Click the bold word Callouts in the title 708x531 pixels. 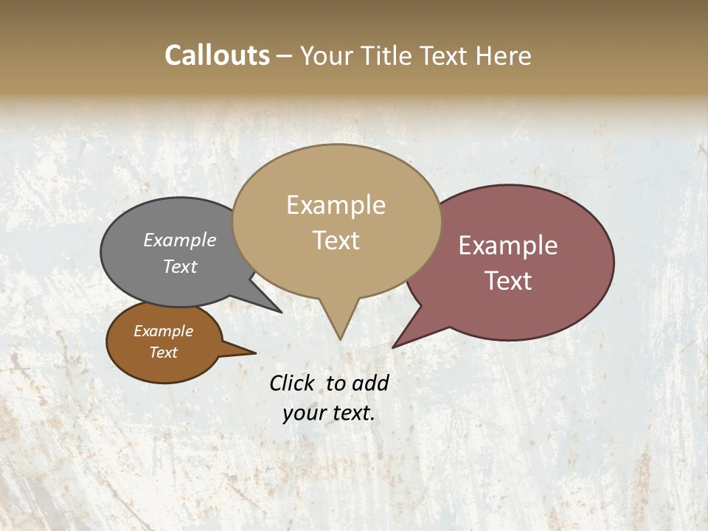pos(217,55)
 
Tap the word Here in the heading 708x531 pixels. pos(504,55)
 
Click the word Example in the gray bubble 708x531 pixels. pos(180,240)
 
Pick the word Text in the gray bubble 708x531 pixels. pos(180,266)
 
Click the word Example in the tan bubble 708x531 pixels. pos(336,205)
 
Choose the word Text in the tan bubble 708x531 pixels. pos(336,240)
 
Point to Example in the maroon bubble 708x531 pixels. pos(508,246)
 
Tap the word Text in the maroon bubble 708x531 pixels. pos(508,281)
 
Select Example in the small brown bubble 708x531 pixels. pos(164,331)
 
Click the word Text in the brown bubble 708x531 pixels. pos(164,353)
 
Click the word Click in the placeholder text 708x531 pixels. pos(291,383)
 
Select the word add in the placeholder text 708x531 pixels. pos(369,383)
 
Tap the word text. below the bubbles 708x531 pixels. pos(353,413)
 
